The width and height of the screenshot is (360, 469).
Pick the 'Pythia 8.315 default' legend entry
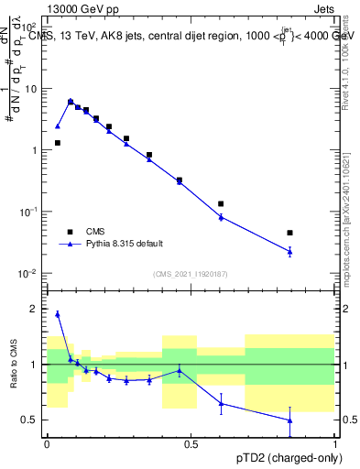coord(125,244)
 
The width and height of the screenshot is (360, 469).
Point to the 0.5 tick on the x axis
coord(191,444)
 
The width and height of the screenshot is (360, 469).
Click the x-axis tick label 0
coord(47,444)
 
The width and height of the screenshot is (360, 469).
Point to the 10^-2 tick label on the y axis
coord(28,274)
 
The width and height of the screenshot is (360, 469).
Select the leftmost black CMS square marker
coord(58,143)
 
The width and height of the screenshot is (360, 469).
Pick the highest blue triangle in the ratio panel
coord(58,314)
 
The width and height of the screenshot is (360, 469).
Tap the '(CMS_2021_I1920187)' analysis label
coord(191,274)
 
